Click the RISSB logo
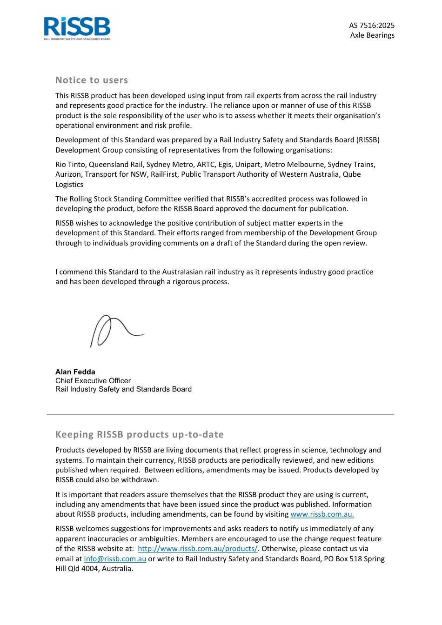click(77, 28)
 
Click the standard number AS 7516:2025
click(372, 26)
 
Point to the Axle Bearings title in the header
click(372, 35)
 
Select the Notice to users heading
click(92, 80)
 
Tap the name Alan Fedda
click(75, 372)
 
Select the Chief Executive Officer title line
click(93, 380)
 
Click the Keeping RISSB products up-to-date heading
click(140, 434)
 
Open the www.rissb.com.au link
click(322, 514)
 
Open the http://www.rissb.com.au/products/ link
click(197, 548)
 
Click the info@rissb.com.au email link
click(115, 559)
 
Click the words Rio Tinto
click(70, 164)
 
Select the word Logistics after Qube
click(69, 184)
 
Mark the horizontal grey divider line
click(220, 414)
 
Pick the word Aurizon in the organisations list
click(69, 174)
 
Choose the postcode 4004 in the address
click(89, 568)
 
